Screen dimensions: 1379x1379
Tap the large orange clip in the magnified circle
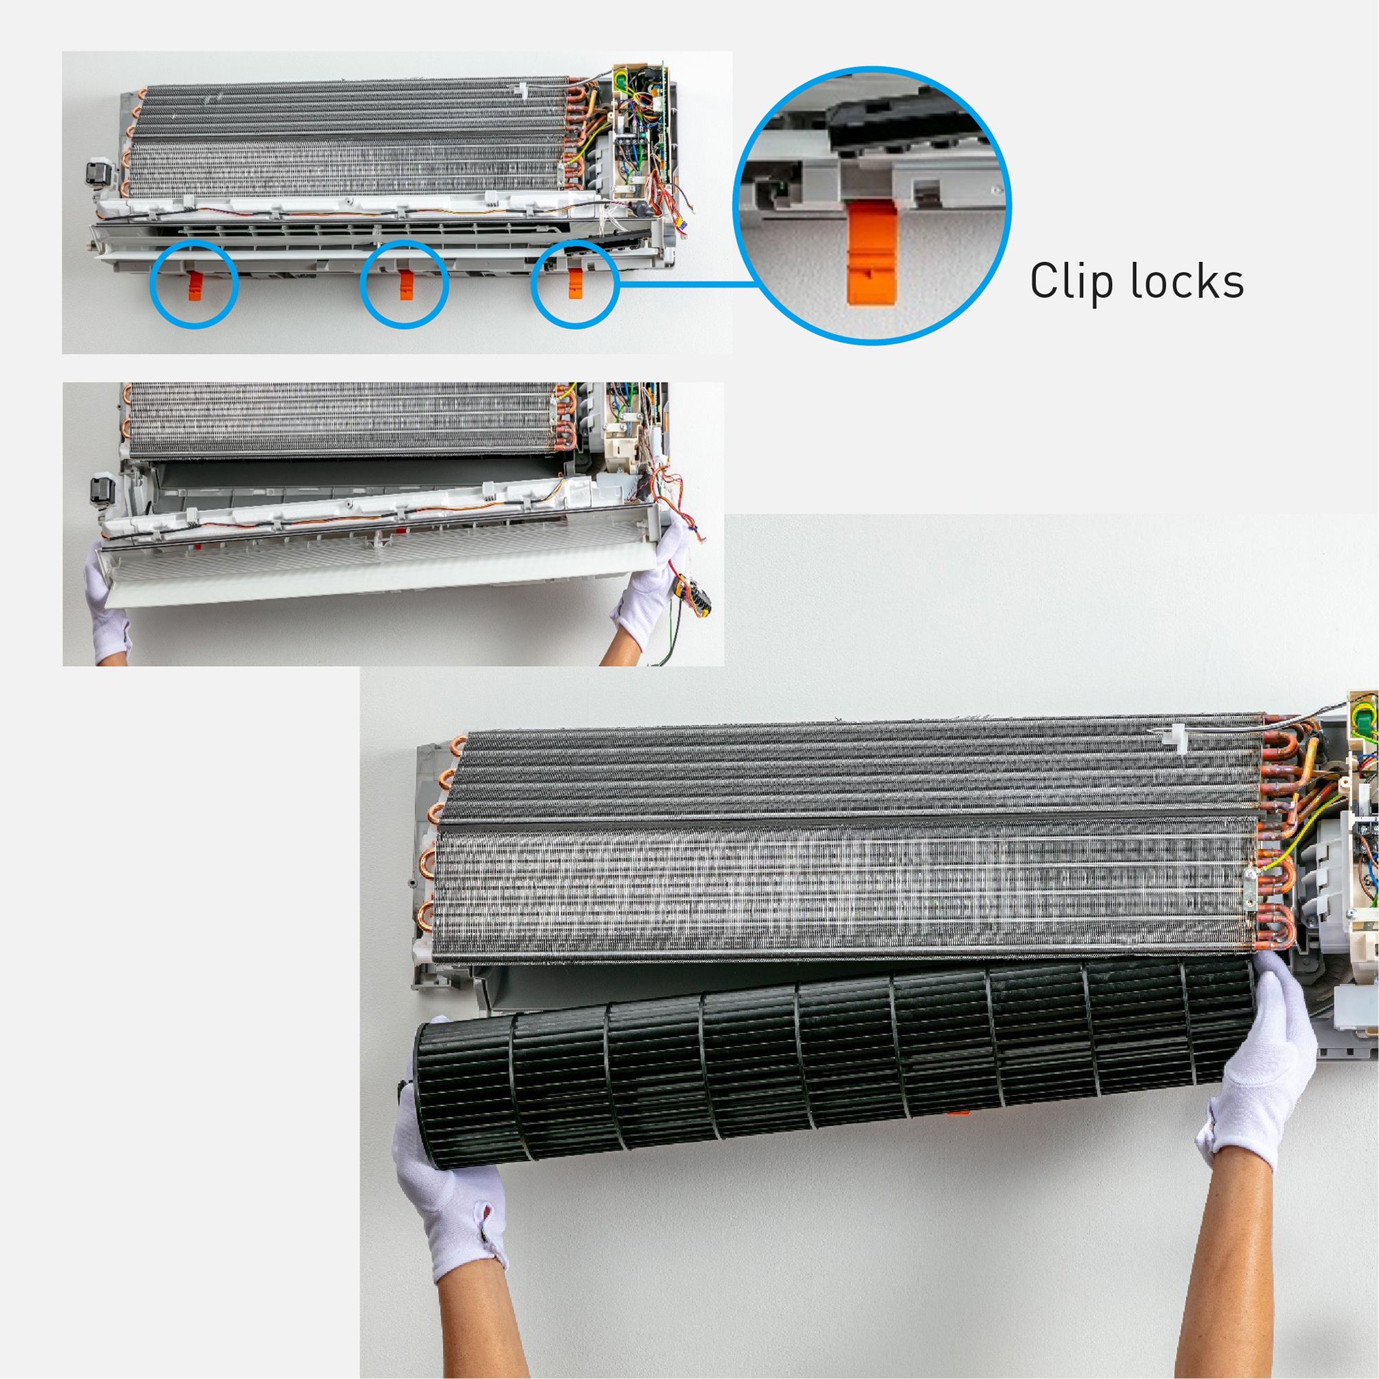[x=872, y=253]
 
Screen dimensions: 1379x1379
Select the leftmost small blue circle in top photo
[x=194, y=285]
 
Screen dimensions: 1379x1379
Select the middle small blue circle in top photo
[x=404, y=285]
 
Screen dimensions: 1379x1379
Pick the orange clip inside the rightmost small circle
[x=575, y=284]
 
